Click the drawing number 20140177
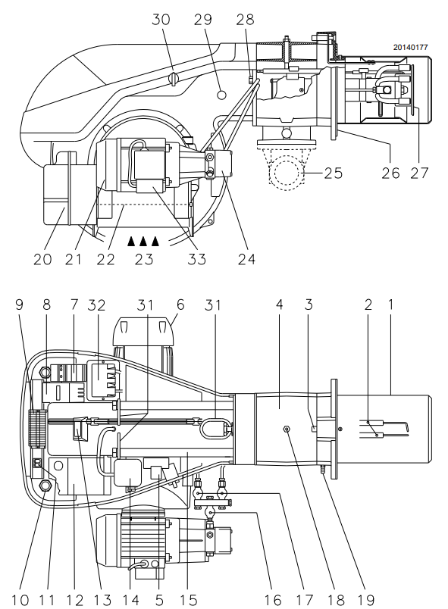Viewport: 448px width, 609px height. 410,48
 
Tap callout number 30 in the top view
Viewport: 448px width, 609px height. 161,19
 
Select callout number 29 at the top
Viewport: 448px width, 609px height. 203,19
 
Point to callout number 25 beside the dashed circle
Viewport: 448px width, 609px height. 333,173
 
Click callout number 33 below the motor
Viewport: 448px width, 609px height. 196,259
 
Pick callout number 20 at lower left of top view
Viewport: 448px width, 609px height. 42,259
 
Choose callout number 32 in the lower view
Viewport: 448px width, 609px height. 97,305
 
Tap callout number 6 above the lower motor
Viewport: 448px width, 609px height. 180,305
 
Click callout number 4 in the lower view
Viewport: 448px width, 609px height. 280,304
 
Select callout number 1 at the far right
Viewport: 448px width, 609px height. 391,304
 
